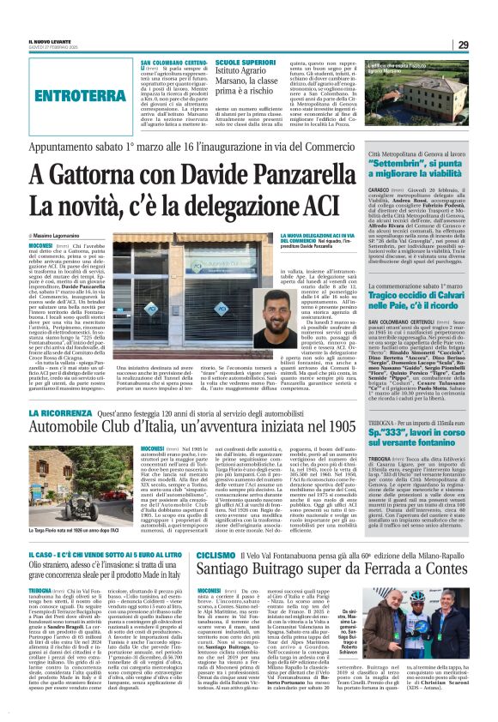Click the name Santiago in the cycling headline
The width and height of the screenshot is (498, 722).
point(230,570)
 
